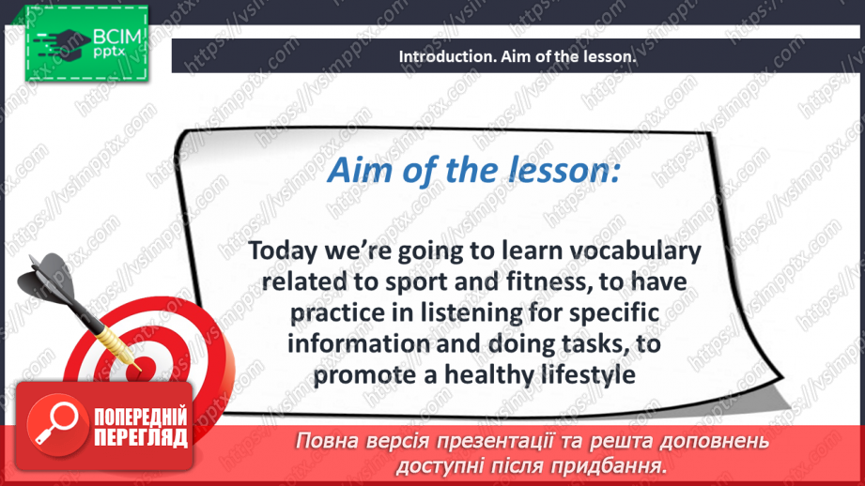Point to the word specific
coord(614,313)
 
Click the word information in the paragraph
coord(359,343)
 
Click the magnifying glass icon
coord(57,424)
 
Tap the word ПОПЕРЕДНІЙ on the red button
coord(141,418)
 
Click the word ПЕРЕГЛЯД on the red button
coord(141,437)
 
